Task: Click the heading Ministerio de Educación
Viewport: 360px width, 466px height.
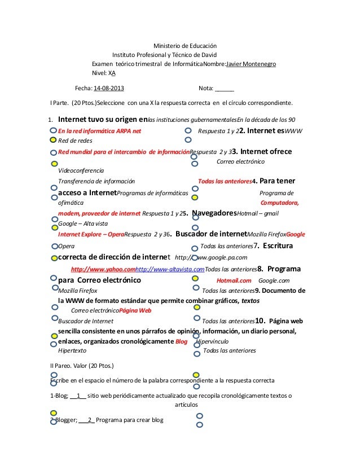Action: point(186,46)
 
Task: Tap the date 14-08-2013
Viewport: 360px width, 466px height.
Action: point(109,89)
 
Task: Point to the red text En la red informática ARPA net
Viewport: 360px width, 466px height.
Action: point(100,130)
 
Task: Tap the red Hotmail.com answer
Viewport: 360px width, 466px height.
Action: point(234,280)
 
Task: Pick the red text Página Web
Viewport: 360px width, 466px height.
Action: point(135,310)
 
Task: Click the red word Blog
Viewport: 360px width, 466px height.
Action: point(181,342)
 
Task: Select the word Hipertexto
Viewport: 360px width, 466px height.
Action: point(73,351)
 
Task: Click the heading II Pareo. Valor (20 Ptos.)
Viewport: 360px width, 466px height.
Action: point(82,366)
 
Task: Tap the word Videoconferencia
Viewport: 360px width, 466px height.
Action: point(81,171)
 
